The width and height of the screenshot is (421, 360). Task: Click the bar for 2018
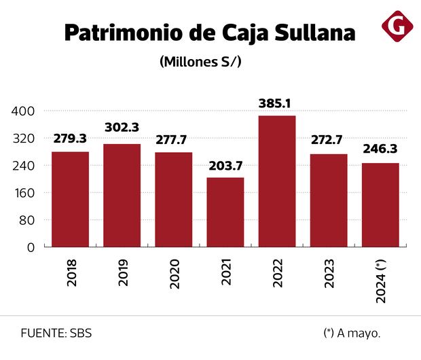click(70, 199)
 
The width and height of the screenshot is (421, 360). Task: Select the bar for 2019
click(122, 196)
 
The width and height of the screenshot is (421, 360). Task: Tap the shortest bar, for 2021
click(225, 212)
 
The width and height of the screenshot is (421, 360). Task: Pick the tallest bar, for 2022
click(277, 181)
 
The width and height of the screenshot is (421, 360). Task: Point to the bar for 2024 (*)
click(380, 205)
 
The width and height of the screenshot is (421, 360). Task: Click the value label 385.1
click(277, 104)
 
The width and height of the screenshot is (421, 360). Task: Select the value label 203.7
click(225, 166)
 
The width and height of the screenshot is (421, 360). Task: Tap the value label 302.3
click(122, 128)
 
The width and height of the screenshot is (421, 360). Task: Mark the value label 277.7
click(173, 140)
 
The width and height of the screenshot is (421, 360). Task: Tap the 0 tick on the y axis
click(30, 247)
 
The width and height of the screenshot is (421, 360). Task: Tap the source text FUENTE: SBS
click(56, 334)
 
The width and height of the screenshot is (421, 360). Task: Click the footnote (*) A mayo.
click(352, 334)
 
